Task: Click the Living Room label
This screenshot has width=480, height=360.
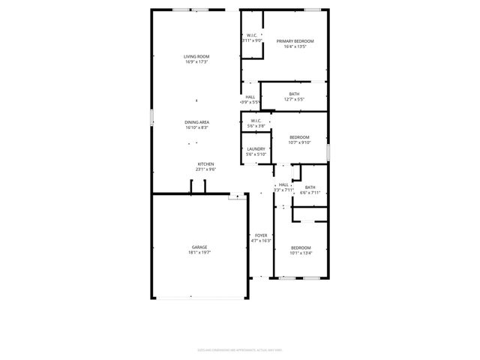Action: tap(196, 56)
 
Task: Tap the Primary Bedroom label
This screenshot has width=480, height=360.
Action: tap(295, 40)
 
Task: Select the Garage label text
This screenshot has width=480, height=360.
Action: tap(199, 247)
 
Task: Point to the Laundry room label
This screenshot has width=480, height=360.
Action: tap(256, 148)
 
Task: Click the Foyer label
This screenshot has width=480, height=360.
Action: tap(261, 235)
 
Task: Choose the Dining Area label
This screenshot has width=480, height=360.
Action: tap(196, 122)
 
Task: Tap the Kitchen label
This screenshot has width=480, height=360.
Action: tap(206, 164)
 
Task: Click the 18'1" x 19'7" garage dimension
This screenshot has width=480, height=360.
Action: tap(199, 253)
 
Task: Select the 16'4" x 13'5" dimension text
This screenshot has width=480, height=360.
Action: tap(295, 46)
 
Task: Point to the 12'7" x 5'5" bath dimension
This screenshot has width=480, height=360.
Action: tap(294, 99)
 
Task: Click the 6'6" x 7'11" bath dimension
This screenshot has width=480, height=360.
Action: tap(310, 193)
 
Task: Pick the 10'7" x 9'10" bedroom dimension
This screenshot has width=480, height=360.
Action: tap(300, 142)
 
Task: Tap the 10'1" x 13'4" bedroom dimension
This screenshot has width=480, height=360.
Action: tap(301, 253)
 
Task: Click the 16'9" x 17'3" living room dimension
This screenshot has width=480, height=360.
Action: tap(196, 61)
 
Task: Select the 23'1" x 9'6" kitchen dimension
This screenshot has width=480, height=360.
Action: tap(206, 169)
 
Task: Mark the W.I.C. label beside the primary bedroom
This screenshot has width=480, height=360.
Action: tap(252, 35)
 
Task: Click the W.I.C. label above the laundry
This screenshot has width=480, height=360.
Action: tap(256, 121)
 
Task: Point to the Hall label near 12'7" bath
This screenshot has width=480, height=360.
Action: tap(250, 96)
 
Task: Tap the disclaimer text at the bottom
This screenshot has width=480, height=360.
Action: tap(239, 349)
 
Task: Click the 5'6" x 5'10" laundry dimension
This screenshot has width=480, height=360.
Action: tap(256, 154)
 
